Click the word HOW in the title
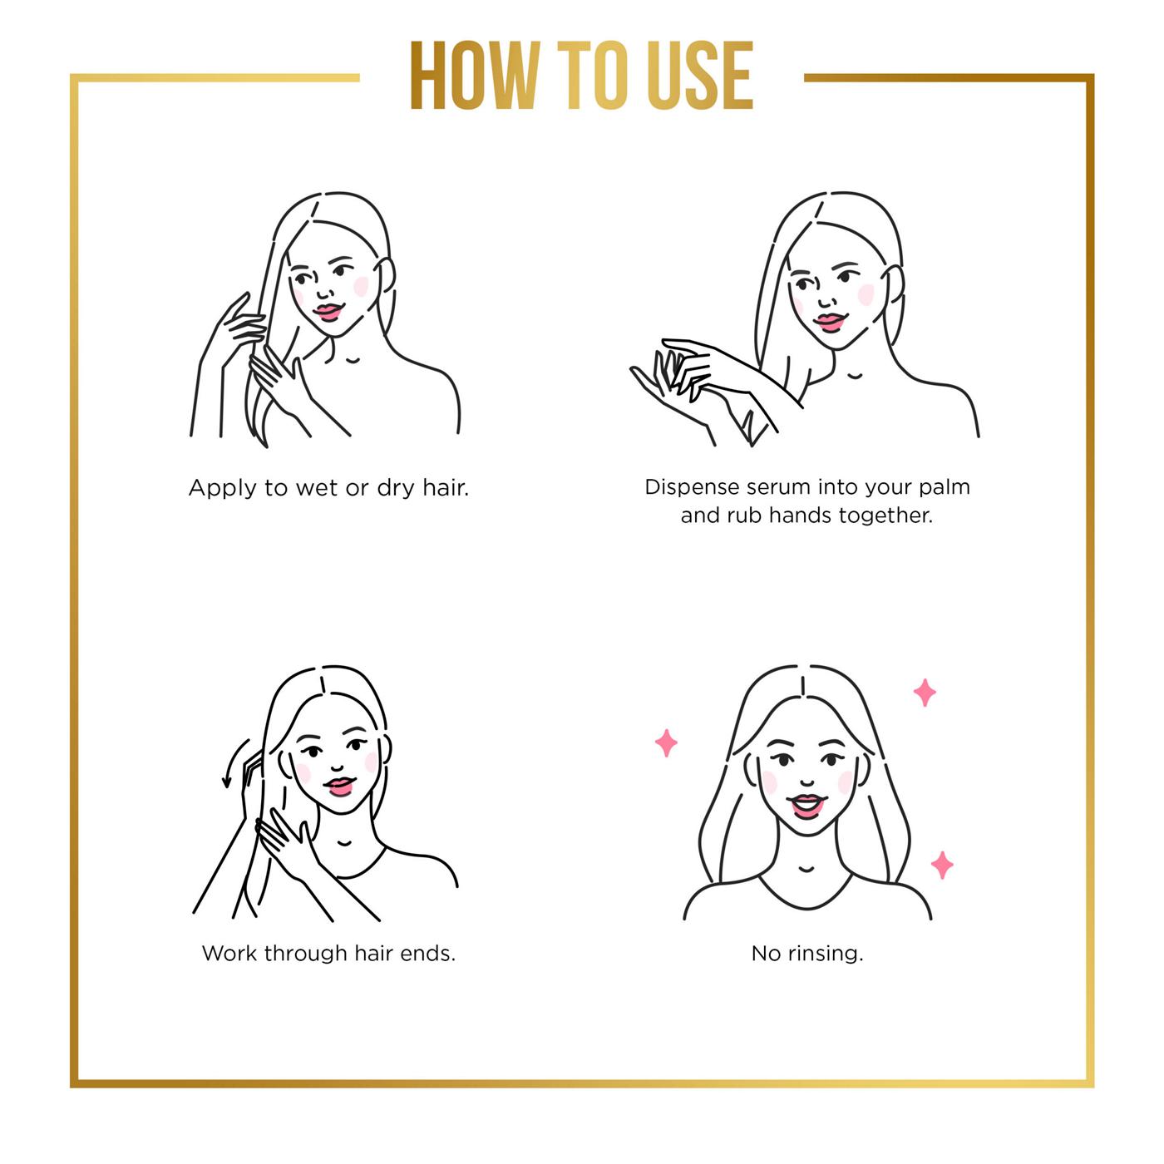tap(475, 76)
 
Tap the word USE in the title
tap(700, 76)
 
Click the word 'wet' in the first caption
tap(317, 488)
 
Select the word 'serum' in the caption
tap(779, 487)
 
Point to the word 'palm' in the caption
tap(945, 488)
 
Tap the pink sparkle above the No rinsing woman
tap(925, 693)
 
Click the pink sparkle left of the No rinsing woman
tap(666, 743)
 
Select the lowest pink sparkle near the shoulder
tap(942, 865)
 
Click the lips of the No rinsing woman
tap(807, 806)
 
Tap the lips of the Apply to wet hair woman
tap(328, 312)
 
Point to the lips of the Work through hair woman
tap(339, 786)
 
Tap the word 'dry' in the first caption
tap(396, 488)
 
